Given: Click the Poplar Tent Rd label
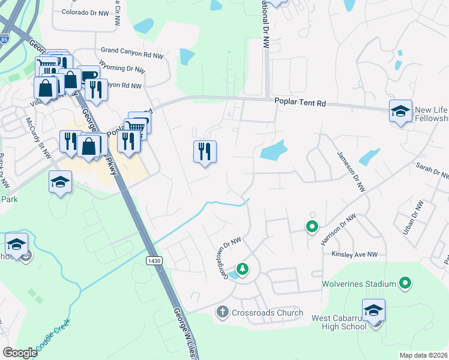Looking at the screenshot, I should coord(300,103).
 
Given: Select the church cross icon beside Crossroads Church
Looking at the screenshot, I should coord(222,312).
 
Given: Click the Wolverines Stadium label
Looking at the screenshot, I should coord(359,283).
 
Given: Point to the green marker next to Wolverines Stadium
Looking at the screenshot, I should coord(405,283).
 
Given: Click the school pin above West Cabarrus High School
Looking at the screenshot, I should coord(373,311).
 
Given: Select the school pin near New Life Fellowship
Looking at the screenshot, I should coord(400,112).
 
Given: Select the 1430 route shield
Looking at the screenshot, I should coord(153,260).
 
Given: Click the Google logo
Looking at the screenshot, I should coord(20,353).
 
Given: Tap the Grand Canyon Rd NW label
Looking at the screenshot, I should coord(132,55).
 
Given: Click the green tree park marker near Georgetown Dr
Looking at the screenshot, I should coord(243,269).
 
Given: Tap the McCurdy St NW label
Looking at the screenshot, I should coord(37,126).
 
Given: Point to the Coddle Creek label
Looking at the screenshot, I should coord(53,338).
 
